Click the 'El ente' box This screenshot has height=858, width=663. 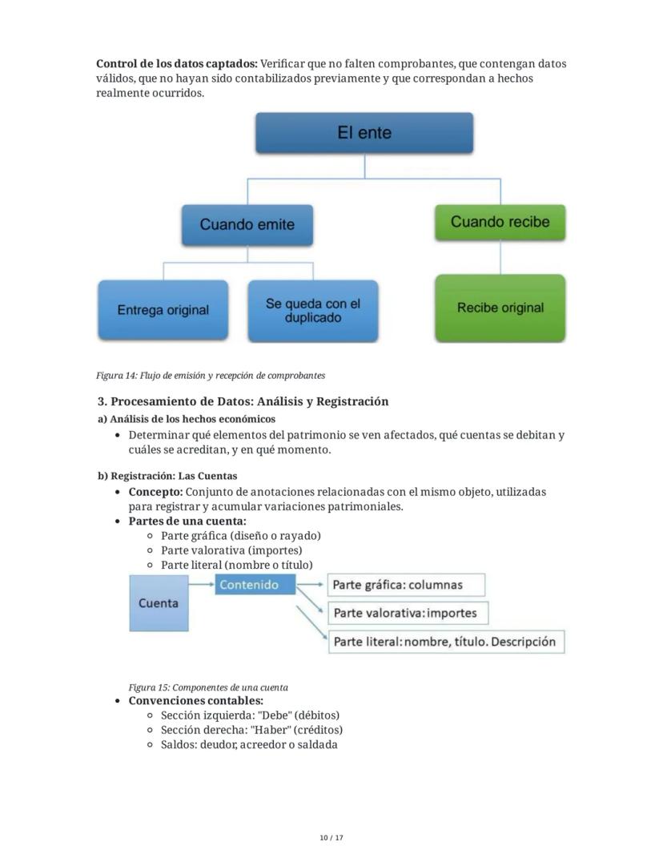point(364,133)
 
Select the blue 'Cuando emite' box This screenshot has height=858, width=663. point(247,225)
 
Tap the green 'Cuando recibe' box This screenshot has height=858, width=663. point(500,222)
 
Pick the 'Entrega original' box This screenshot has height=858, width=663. point(163,310)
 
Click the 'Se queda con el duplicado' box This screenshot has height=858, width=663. point(312,311)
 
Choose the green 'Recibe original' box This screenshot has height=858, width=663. point(500,308)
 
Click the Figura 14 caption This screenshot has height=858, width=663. point(211,375)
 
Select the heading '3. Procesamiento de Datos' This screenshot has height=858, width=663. point(243,401)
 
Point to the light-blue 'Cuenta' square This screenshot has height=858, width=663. point(159,603)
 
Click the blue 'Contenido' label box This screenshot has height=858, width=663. point(249,585)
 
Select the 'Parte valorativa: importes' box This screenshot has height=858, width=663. point(408,613)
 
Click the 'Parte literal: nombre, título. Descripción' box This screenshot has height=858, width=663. point(445,641)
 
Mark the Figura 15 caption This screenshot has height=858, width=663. point(208,687)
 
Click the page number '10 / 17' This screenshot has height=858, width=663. point(331,838)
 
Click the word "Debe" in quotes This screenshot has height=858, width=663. point(275,715)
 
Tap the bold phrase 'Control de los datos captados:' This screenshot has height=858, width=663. point(177,63)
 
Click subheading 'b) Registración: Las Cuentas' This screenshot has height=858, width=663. point(167,476)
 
